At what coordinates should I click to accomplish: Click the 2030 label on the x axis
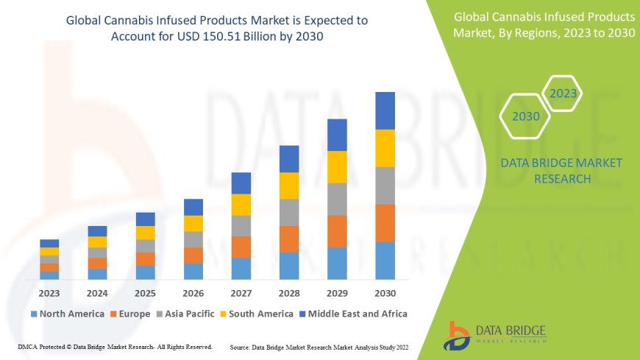pos(385,294)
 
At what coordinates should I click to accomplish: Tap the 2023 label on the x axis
pos(49,294)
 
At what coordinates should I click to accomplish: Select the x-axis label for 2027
pos(241,294)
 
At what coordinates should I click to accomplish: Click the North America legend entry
pos(67,314)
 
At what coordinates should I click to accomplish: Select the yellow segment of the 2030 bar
pos(385,148)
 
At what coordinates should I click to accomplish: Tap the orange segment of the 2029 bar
pos(337,231)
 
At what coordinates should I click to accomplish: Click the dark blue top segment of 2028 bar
pos(289,159)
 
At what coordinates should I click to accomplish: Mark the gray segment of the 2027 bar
pos(241,225)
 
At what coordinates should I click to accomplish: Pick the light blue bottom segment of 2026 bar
pos(193,271)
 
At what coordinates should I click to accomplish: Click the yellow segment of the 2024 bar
pos(97,241)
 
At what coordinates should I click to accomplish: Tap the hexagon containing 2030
pos(525,116)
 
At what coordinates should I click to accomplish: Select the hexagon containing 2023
pos(563,93)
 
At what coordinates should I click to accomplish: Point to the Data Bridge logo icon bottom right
pos(458,335)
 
